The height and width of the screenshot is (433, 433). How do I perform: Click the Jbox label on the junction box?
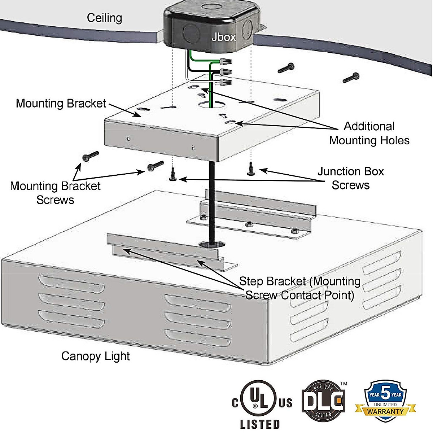pos(223,37)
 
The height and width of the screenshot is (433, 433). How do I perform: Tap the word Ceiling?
pos(104,18)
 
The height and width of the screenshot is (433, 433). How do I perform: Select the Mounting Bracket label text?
pos(61,104)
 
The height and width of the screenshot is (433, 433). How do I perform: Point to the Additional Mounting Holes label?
pos(369,133)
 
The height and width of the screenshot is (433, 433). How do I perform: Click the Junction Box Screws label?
pos(350,178)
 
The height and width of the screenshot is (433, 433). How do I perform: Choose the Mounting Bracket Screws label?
pos(55,193)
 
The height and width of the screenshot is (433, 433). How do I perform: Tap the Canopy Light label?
pos(95,356)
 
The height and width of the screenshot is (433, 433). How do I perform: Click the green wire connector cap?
pos(225,61)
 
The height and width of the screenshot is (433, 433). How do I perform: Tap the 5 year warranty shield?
pos(385,399)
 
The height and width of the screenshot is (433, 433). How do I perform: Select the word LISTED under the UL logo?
pos(260,424)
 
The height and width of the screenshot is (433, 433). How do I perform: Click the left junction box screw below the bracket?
pos(173,175)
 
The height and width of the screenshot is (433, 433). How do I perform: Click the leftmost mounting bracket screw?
pos(90,156)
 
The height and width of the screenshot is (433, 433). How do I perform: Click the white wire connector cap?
pos(225,82)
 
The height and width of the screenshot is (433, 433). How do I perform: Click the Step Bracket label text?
pos(299,288)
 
